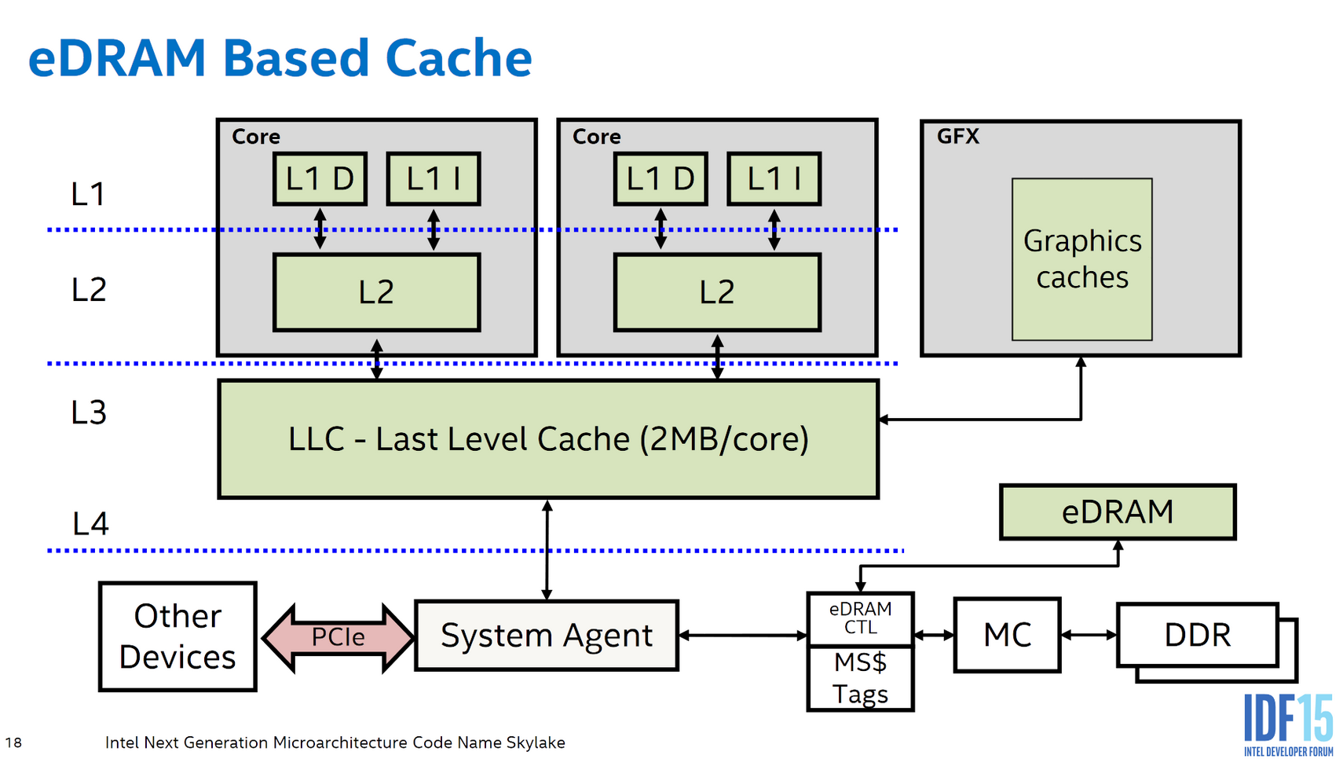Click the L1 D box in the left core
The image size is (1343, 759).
click(320, 179)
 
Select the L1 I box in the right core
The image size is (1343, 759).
click(774, 179)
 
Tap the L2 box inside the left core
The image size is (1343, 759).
click(376, 292)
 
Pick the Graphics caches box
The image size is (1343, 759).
click(1081, 259)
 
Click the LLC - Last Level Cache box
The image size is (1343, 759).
click(547, 439)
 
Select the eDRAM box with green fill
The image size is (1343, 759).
click(1117, 512)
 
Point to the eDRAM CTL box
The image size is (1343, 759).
click(860, 618)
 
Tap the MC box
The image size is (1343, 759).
click(1007, 635)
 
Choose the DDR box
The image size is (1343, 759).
click(1196, 635)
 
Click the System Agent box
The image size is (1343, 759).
click(546, 636)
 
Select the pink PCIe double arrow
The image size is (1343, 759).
click(338, 636)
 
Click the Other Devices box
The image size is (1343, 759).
click(177, 636)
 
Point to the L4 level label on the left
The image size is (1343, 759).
click(90, 524)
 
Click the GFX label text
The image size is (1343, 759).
click(957, 137)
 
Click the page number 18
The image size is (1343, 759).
click(13, 742)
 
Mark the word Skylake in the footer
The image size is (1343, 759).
click(535, 742)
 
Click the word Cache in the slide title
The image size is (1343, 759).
click(458, 59)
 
